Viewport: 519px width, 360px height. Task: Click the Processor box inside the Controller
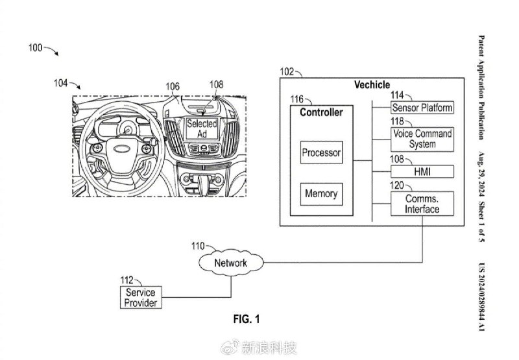(x=321, y=152)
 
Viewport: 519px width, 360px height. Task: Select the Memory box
(x=321, y=194)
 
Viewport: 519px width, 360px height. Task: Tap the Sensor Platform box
(x=422, y=108)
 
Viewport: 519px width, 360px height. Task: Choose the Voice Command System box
(x=422, y=139)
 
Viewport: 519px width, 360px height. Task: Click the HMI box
(x=422, y=172)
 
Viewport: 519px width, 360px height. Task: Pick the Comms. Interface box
(x=422, y=204)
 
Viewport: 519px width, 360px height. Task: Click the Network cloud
(x=231, y=263)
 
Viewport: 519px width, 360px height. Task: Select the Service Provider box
(x=141, y=298)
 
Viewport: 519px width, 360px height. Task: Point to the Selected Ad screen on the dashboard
(x=202, y=128)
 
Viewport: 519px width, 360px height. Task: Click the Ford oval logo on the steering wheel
(x=123, y=149)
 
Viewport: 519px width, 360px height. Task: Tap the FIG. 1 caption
(x=247, y=319)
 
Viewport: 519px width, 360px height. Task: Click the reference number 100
(x=35, y=48)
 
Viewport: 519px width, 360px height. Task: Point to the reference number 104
(x=61, y=83)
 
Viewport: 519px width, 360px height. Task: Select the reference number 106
(x=173, y=87)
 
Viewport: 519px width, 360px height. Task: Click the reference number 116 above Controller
(x=297, y=99)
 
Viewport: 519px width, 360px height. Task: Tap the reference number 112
(x=127, y=281)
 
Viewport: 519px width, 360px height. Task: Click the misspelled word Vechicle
(x=372, y=85)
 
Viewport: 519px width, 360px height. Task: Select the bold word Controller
(x=321, y=112)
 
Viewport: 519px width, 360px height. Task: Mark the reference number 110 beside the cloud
(x=198, y=246)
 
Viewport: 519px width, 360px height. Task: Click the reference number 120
(x=397, y=186)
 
